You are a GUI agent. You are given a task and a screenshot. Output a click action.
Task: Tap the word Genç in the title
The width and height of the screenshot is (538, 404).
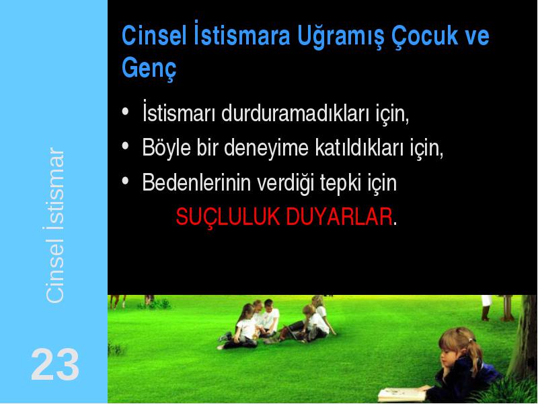149,68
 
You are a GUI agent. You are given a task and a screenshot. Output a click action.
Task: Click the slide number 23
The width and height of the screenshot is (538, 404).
55,364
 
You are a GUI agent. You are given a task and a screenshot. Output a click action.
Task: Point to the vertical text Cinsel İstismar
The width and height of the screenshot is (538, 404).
54,226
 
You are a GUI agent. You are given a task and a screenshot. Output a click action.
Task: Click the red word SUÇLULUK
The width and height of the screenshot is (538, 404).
227,216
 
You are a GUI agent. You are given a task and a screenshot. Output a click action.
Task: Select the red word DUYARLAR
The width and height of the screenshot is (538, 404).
339,216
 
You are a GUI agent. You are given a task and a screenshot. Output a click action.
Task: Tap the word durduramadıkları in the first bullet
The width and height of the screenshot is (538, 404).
295,113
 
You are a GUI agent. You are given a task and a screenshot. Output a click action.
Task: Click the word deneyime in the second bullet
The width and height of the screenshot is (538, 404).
266,148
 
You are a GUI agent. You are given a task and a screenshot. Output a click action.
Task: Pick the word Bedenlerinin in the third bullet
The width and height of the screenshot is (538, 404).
196,182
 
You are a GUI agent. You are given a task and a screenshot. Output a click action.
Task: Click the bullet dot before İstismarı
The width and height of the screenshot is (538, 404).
125,111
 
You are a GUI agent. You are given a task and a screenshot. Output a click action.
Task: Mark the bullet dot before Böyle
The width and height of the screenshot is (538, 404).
125,145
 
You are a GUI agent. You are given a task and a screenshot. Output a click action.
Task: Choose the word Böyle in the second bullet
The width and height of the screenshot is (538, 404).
166,148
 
